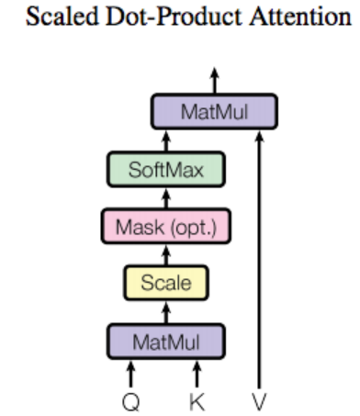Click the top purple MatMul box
214,112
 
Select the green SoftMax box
166,170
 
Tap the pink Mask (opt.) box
166,226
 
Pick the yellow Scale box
166,283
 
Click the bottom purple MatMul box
166,342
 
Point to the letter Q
131,400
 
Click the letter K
197,400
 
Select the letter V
260,400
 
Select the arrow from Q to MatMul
131,374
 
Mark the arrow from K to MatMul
197,374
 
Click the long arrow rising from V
260,257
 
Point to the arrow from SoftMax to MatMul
166,141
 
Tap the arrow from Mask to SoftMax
166,197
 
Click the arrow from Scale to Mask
166,254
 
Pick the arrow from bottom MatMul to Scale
166,312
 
